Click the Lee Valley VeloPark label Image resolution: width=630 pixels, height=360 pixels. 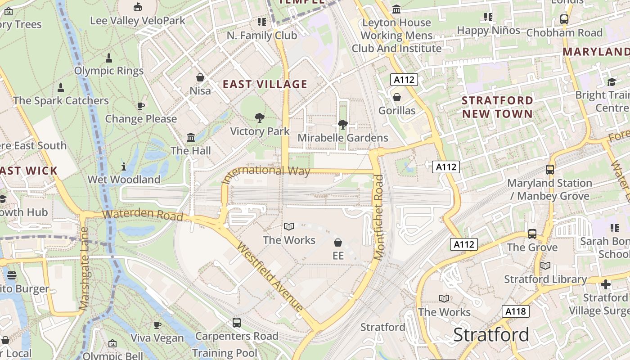click(138, 21)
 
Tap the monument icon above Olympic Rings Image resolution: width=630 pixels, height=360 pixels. click(108, 58)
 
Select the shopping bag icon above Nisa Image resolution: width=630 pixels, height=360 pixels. click(200, 77)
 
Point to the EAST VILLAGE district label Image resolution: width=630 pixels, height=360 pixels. click(265, 84)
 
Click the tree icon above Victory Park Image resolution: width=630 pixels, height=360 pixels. click(259, 118)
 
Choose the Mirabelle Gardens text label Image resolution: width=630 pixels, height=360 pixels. click(343, 138)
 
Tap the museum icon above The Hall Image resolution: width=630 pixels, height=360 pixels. click(191, 137)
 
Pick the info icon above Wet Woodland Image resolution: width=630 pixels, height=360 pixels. click(124, 166)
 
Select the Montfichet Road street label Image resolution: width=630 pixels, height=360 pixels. click(379, 217)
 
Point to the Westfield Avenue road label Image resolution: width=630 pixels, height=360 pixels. click(270, 277)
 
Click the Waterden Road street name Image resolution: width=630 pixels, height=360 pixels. click(143, 214)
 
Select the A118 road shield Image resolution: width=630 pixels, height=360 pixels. click(516, 311)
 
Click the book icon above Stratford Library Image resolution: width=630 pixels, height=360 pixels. click(545, 266)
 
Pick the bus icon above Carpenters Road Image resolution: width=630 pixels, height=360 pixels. click(237, 322)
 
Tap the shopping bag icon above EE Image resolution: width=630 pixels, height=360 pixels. click(338, 243)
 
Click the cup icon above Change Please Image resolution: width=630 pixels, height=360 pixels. click(141, 106)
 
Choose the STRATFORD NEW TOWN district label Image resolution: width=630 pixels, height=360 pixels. click(497, 107)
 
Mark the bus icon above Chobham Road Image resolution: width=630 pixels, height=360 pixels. click(564, 19)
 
